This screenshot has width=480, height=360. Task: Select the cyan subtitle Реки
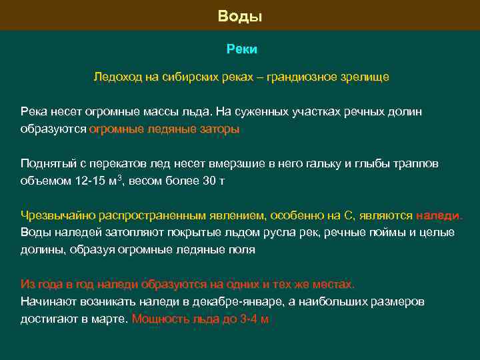pyautogui.click(x=241, y=49)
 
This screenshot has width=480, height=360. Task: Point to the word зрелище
pyautogui.click(x=363, y=77)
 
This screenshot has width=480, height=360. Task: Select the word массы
pyautogui.click(x=159, y=112)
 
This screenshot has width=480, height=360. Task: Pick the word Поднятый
pyautogui.click(x=44, y=164)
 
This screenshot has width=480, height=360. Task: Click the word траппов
pyautogui.click(x=416, y=164)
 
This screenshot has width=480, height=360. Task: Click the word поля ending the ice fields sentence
pyautogui.click(x=243, y=250)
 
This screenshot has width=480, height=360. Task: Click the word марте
pyautogui.click(x=111, y=319)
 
